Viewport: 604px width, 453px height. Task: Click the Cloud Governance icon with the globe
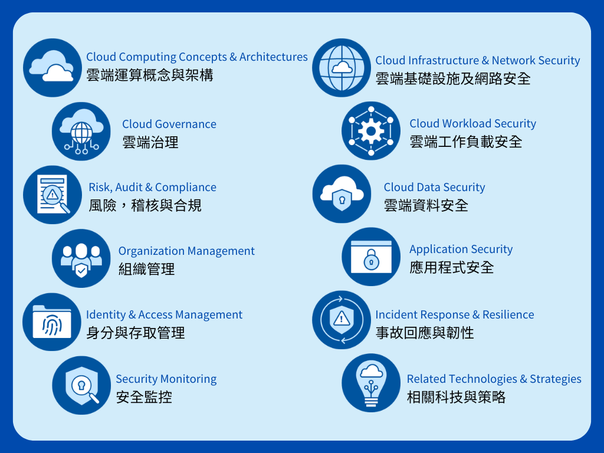(81, 132)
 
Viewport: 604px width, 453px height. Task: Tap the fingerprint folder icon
(52, 321)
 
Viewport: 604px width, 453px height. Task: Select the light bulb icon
(371, 383)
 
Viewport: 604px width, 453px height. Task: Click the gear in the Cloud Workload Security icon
(371, 132)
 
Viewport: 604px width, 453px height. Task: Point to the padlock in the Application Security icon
(372, 260)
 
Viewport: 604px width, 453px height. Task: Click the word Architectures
(274, 57)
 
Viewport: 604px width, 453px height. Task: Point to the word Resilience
(508, 314)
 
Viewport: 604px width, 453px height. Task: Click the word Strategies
(556, 379)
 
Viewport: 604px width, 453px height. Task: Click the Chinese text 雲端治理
(150, 143)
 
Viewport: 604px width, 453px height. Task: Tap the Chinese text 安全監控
(144, 397)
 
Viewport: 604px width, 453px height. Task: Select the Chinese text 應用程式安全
(451, 267)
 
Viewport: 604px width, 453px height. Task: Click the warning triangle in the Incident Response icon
(342, 319)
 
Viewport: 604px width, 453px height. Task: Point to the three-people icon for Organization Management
(81, 258)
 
